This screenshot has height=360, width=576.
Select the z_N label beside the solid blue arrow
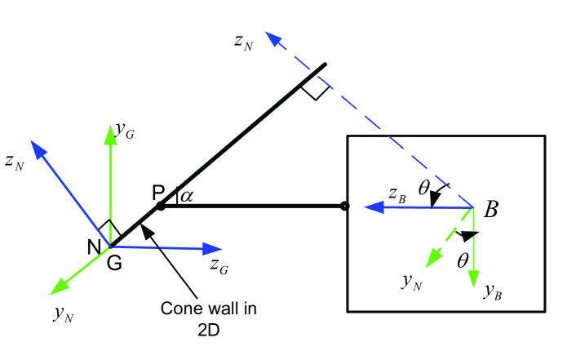[x=14, y=162]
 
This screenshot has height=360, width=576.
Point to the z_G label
[x=219, y=264]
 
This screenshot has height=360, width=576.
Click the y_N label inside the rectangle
[x=411, y=282]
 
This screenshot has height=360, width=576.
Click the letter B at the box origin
[x=491, y=210]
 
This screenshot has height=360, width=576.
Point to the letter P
[x=158, y=192]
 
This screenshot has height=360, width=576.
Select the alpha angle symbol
[x=187, y=195]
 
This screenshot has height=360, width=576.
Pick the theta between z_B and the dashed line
[x=423, y=189]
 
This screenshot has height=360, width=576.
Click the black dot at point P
[x=161, y=207]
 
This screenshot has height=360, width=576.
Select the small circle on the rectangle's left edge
[x=344, y=207]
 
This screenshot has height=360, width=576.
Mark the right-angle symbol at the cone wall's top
[x=315, y=89]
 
